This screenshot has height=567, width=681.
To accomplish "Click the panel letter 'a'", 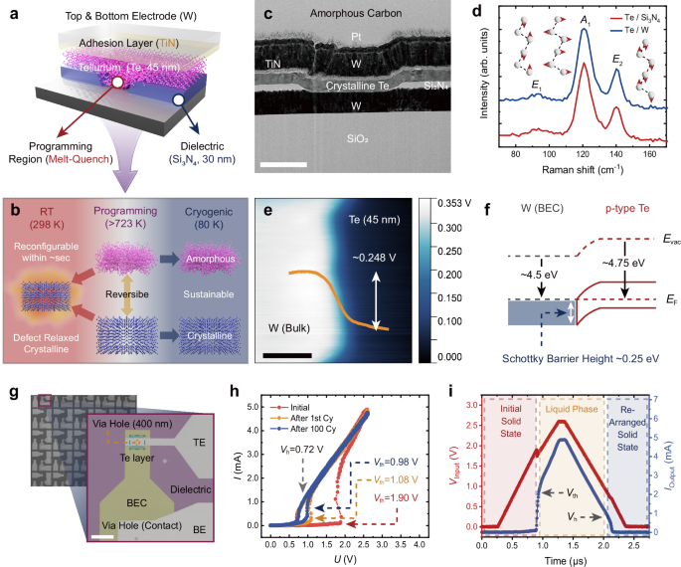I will tap(9, 10).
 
